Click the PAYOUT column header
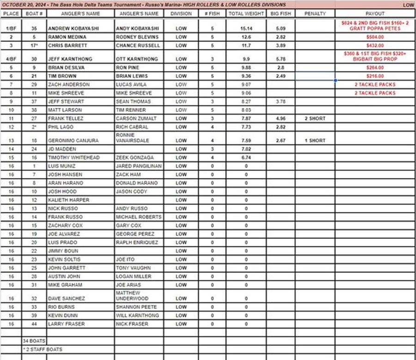click(x=375, y=13)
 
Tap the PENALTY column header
click(x=315, y=13)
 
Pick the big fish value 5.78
click(x=280, y=59)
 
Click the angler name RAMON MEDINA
click(x=64, y=37)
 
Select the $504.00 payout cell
click(x=375, y=37)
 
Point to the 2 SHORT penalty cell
click(x=315, y=118)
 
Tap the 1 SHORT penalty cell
click(x=315, y=140)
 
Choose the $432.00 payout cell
click(x=375, y=45)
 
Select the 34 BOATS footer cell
click(x=34, y=341)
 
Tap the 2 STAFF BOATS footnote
click(x=43, y=349)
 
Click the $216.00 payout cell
click(x=375, y=76)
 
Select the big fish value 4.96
click(x=280, y=118)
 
